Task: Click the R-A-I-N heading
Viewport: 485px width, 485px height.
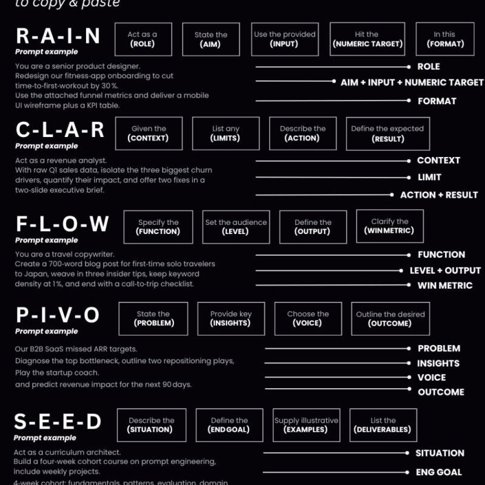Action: pyautogui.click(x=58, y=36)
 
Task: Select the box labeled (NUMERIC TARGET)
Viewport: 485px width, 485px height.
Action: pyautogui.click(x=367, y=39)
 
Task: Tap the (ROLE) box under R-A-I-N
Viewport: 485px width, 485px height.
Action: pyautogui.click(x=142, y=39)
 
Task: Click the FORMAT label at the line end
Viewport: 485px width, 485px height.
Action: pyautogui.click(x=436, y=101)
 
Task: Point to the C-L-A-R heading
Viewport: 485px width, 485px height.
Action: pyautogui.click(x=60, y=130)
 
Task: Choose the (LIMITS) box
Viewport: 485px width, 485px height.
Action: pyautogui.click(x=226, y=133)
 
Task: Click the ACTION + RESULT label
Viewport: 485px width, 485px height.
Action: pyautogui.click(x=438, y=195)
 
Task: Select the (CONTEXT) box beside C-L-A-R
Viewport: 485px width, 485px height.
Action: pyautogui.click(x=149, y=133)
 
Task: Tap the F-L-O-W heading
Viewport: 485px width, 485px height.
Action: pyautogui.click(x=62, y=224)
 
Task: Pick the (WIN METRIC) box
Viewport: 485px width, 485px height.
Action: pyautogui.click(x=389, y=226)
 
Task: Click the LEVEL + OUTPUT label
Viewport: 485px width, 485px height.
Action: pyautogui.click(x=445, y=270)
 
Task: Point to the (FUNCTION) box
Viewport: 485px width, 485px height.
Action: pyautogui.click(x=158, y=227)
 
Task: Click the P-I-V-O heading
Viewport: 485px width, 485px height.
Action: pyautogui.click(x=57, y=316)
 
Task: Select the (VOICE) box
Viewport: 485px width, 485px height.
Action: pyautogui.click(x=307, y=319)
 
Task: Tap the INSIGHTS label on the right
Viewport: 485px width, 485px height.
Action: pyautogui.click(x=438, y=363)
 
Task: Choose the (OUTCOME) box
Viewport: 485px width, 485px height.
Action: pyautogui.click(x=390, y=319)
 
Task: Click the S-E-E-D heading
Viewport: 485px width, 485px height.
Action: pyautogui.click(x=58, y=422)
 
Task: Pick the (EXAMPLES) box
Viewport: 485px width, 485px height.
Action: pyautogui.click(x=306, y=425)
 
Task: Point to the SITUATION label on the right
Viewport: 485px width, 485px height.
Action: pyautogui.click(x=440, y=453)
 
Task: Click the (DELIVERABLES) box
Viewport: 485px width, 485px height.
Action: pyautogui.click(x=383, y=425)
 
